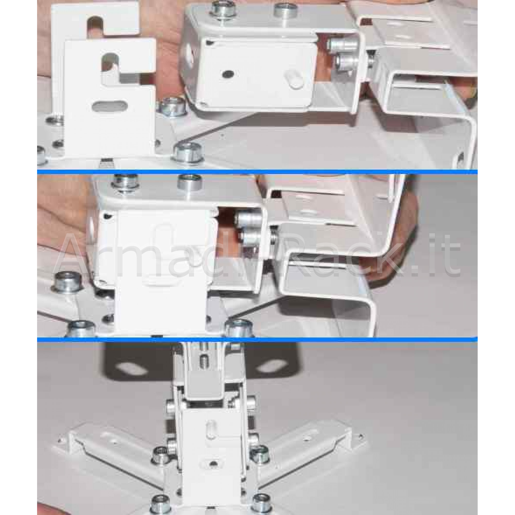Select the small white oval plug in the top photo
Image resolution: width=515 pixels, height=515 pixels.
point(294,80)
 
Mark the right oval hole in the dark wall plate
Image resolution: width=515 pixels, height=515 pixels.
point(271,366)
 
